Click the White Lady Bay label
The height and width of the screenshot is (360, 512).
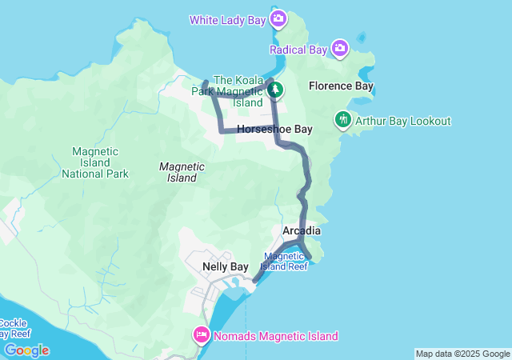pos(226,19)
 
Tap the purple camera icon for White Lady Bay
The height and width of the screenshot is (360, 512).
pos(278,18)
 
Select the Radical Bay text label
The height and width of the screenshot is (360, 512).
pos(298,50)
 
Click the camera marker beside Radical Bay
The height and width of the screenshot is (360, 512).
pos(340,50)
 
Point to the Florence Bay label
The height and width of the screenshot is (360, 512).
pos(342,86)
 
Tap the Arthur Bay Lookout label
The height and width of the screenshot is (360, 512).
pos(403,121)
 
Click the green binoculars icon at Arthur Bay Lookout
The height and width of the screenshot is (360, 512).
pos(343,120)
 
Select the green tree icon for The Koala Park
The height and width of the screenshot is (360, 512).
pos(274,91)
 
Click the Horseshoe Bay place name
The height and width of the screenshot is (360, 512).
pos(274,129)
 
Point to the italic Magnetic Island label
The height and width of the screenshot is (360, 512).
pos(182,172)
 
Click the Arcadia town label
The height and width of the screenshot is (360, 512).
pos(302,231)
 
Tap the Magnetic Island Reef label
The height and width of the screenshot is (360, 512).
pos(285,261)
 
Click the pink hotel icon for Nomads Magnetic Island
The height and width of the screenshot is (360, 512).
pos(201,334)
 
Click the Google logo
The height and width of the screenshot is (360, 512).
pos(26,350)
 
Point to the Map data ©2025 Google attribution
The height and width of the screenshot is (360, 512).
pos(462,354)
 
